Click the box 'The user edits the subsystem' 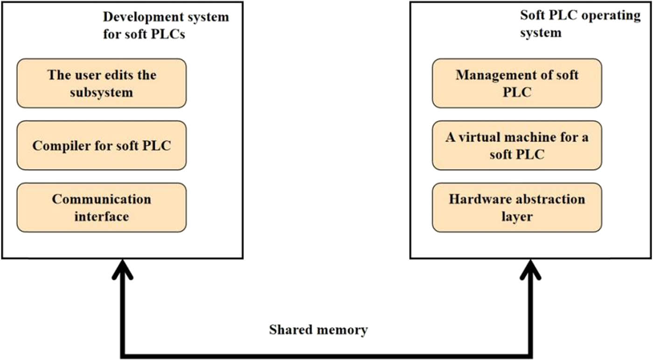[102, 83]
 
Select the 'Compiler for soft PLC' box [102, 145]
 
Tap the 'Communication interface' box [102, 208]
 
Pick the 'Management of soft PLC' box [517, 83]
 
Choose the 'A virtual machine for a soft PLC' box [517, 145]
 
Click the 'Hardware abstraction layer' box [517, 208]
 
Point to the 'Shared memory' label [318, 330]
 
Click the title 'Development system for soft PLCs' [166, 26]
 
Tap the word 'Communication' [102, 200]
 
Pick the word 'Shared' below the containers [290, 330]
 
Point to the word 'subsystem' [102, 92]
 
